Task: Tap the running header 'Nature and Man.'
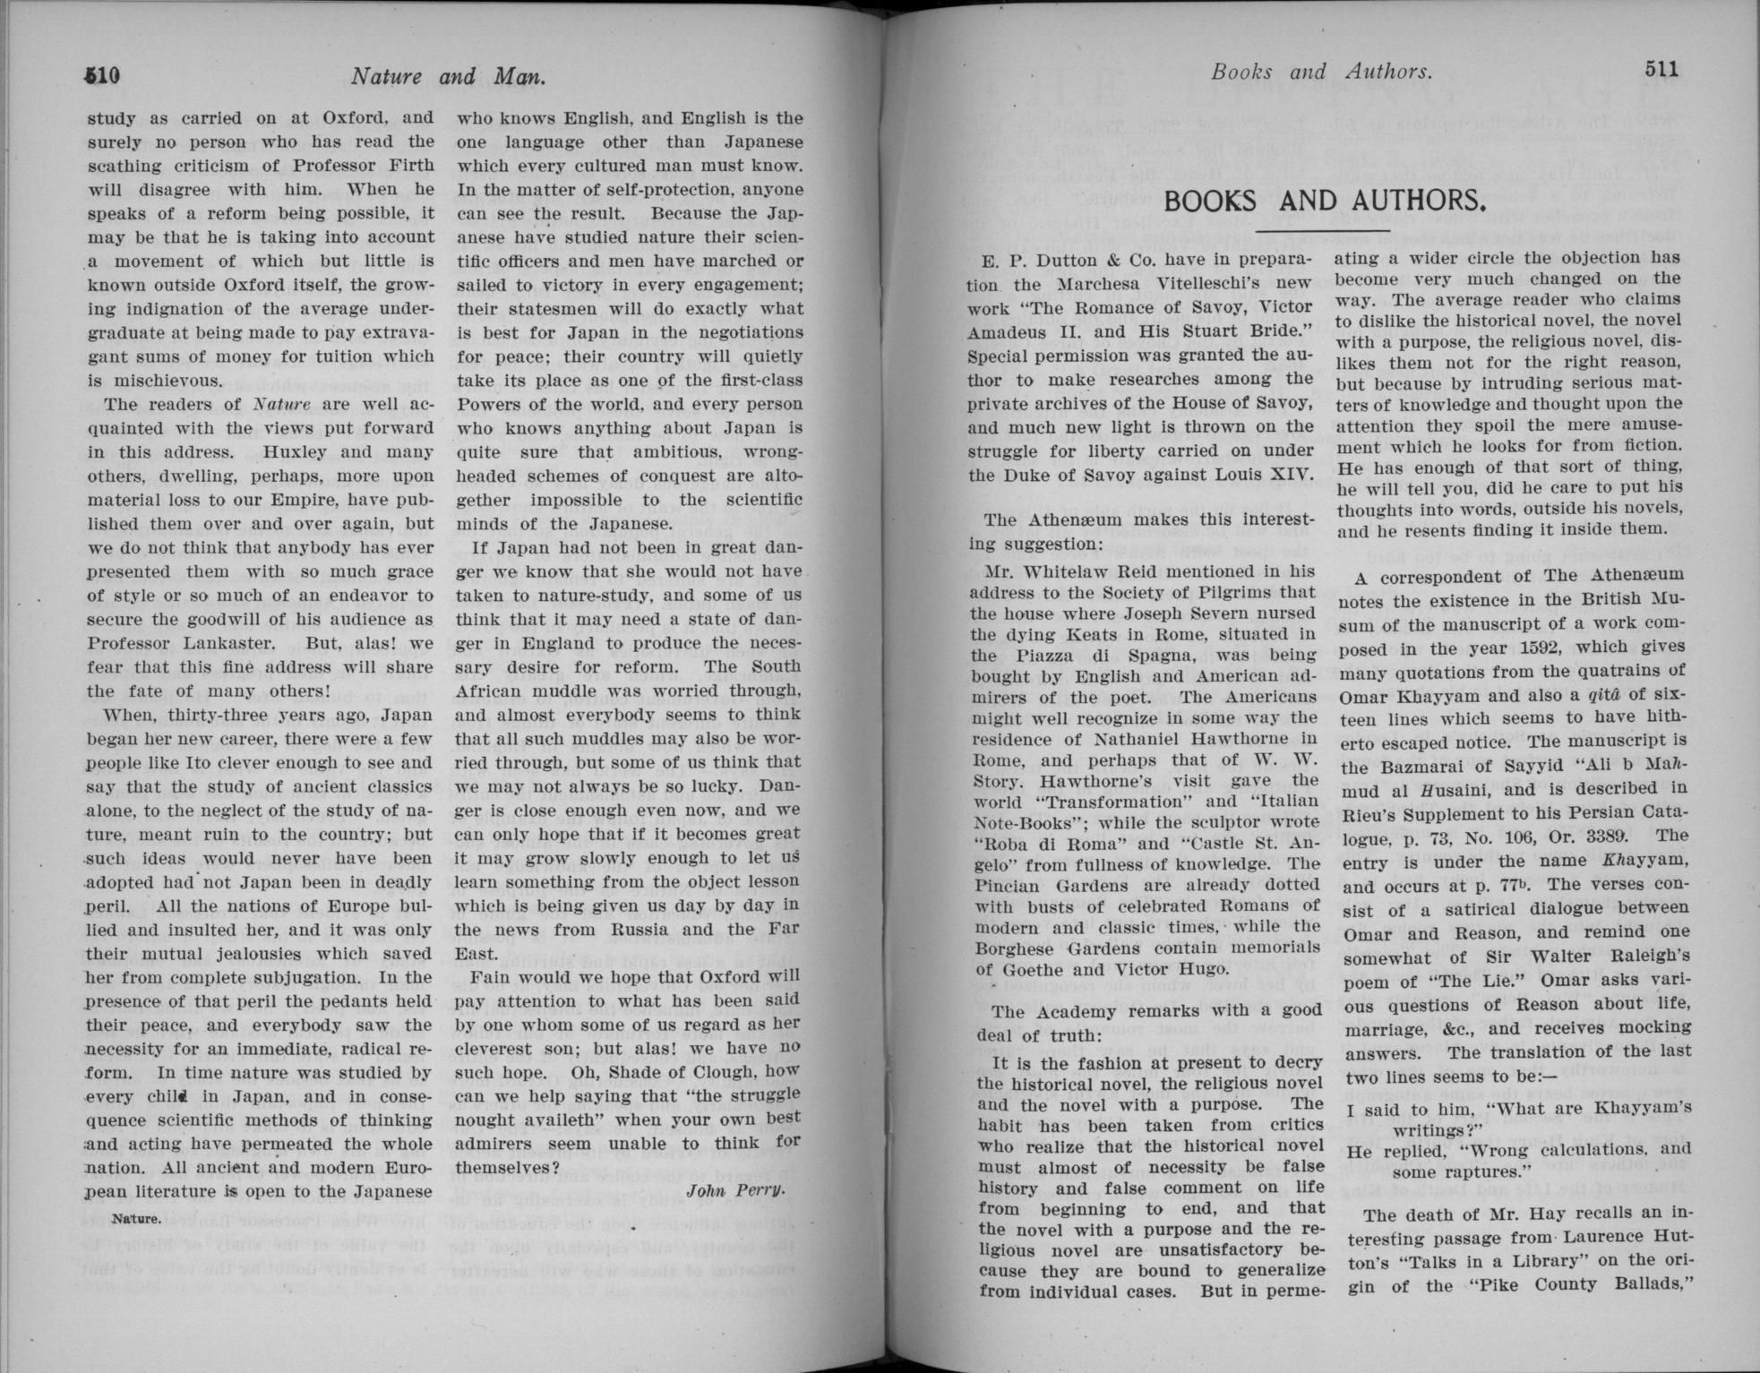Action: [448, 76]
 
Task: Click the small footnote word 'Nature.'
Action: [136, 1219]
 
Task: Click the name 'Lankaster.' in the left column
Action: [228, 643]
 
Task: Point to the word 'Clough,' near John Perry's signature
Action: [751, 1071]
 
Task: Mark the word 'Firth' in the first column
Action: [410, 166]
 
